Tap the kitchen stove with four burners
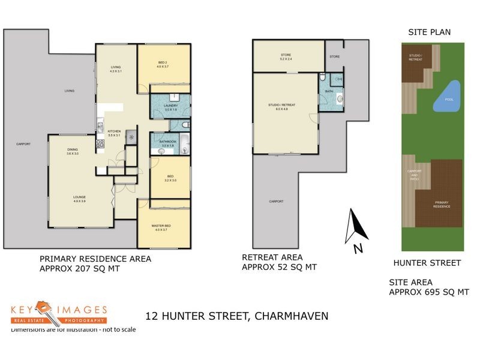(100, 145)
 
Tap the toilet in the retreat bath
(323, 78)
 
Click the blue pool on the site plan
(447, 97)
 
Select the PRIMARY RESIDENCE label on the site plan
(442, 204)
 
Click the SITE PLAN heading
(429, 32)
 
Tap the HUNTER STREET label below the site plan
(427, 262)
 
